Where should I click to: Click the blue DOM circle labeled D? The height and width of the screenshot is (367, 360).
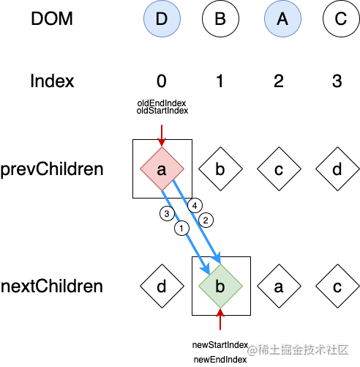(162, 18)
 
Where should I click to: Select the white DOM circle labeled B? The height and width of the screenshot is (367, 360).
(220, 18)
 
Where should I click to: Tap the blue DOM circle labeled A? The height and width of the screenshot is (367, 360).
(282, 18)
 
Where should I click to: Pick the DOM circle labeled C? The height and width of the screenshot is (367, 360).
(341, 18)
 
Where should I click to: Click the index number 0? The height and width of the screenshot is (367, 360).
(162, 81)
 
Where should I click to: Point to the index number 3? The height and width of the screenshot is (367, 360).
(337, 81)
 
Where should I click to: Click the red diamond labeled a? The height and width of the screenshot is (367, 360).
(162, 168)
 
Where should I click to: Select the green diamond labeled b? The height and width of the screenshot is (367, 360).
(220, 286)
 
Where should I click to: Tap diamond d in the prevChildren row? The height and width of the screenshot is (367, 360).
(337, 168)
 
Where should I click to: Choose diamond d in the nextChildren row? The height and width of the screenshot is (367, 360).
(162, 286)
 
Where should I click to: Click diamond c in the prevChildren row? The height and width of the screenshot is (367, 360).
(279, 168)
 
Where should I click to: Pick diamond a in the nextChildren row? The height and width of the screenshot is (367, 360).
(279, 286)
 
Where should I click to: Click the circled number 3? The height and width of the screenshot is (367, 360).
(167, 214)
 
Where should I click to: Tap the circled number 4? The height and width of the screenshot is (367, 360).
(195, 206)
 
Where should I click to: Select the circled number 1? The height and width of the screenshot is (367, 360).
(181, 229)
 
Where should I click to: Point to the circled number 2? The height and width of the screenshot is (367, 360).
(206, 220)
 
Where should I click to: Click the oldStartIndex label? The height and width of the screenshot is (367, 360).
(162, 111)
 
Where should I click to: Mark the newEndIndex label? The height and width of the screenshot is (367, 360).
(220, 360)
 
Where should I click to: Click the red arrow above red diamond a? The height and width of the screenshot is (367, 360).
(162, 136)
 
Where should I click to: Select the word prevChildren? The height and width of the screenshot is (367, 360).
(52, 169)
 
